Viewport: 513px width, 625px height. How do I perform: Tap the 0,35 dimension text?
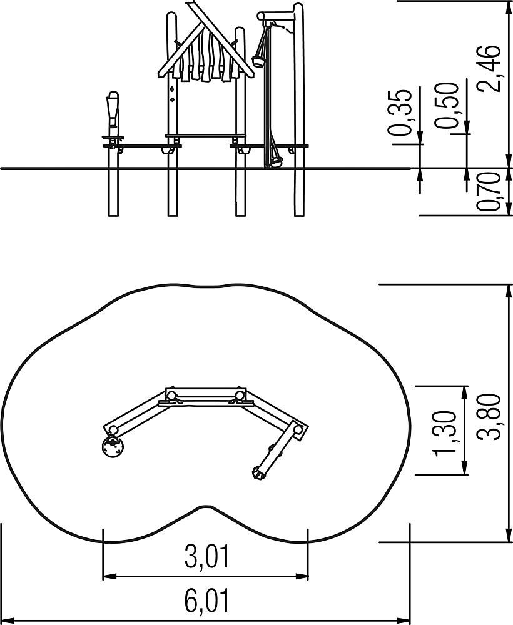[x=400, y=112]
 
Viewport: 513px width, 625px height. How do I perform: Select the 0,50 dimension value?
[x=447, y=106]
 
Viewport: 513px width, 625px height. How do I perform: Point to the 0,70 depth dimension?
[x=489, y=192]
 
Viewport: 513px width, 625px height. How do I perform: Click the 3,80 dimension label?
[x=489, y=417]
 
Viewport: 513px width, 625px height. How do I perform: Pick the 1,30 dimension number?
[x=444, y=433]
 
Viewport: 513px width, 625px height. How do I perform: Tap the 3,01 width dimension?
[x=208, y=557]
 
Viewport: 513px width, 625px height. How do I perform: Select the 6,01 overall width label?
[x=208, y=601]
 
